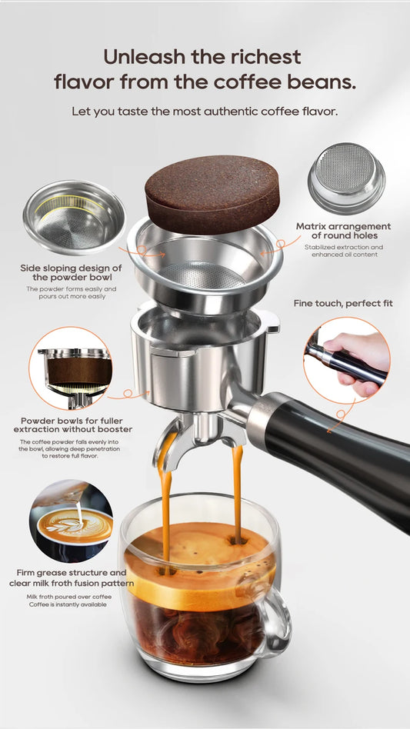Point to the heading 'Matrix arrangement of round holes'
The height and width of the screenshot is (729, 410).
pos(343,231)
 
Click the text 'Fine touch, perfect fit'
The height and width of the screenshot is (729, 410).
pos(343,303)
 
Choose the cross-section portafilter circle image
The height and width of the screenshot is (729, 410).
pos(70,368)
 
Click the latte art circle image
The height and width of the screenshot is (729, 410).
pos(71,521)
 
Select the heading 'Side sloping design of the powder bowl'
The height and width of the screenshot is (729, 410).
pos(71,272)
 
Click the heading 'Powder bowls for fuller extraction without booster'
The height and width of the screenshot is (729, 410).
pos(71,425)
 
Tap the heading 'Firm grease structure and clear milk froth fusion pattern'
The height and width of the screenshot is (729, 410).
pos(71,578)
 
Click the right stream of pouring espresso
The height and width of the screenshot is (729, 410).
pos(237,492)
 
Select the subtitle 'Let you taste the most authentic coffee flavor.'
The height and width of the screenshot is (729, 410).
pos(205,111)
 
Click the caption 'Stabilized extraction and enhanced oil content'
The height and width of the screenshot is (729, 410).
pos(343,251)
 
